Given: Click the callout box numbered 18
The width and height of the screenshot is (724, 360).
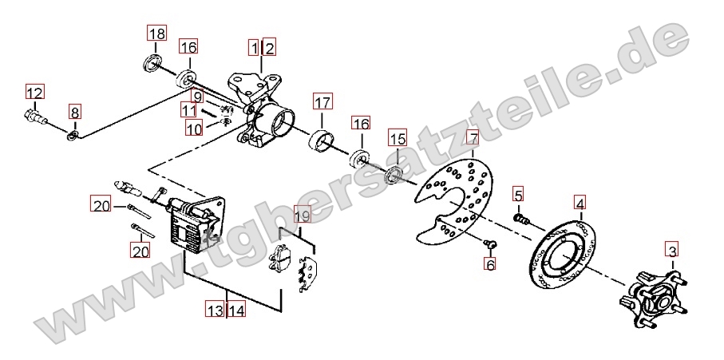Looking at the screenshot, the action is pyautogui.click(x=157, y=34).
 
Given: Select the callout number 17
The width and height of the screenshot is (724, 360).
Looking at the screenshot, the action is pyautogui.click(x=322, y=101).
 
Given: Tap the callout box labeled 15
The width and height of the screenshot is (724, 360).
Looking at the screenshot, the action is pyautogui.click(x=398, y=138).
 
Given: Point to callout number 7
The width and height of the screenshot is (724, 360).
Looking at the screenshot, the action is pyautogui.click(x=473, y=137).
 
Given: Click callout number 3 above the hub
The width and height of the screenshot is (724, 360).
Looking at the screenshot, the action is pyautogui.click(x=672, y=251).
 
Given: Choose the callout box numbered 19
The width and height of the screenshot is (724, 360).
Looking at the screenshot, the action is pyautogui.click(x=303, y=215).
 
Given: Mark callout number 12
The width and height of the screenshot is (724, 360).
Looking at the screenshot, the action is pyautogui.click(x=34, y=93).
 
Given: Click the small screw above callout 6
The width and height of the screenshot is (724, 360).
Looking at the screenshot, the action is pyautogui.click(x=489, y=243).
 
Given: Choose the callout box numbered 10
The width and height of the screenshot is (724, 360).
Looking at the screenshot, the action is pyautogui.click(x=195, y=127).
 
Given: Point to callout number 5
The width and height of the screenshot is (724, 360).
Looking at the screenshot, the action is pyautogui.click(x=518, y=196).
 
